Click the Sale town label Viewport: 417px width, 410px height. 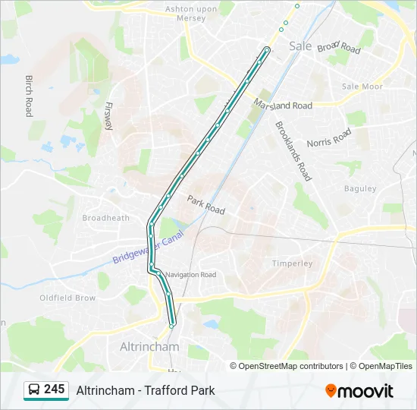300,46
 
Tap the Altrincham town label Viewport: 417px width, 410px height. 150,347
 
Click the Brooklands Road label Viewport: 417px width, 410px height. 293,151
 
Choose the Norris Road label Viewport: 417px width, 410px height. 329,137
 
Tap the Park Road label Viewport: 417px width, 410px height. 205,204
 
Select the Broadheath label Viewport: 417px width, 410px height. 105,218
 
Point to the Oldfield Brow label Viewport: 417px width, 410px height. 67,298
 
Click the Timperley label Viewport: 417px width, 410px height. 292,263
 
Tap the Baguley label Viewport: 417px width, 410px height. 360,188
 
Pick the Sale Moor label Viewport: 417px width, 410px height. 361,87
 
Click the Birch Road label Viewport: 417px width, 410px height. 29,95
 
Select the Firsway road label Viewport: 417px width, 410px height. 109,115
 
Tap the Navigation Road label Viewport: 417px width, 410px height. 190,275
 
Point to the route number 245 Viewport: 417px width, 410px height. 54,389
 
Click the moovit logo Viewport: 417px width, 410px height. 359,390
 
